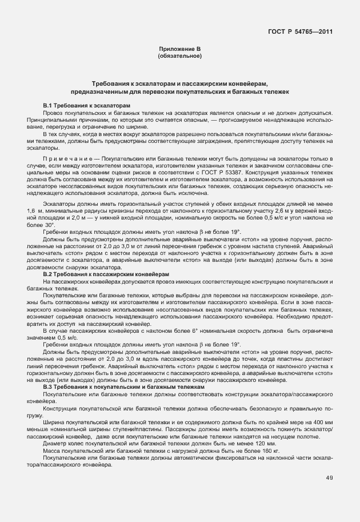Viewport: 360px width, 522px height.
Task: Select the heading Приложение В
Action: (180, 50)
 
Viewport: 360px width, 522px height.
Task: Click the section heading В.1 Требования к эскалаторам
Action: (87, 106)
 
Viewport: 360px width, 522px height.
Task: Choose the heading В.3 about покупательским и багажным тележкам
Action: (123, 387)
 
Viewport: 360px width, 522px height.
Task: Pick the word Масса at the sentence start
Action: (52, 451)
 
